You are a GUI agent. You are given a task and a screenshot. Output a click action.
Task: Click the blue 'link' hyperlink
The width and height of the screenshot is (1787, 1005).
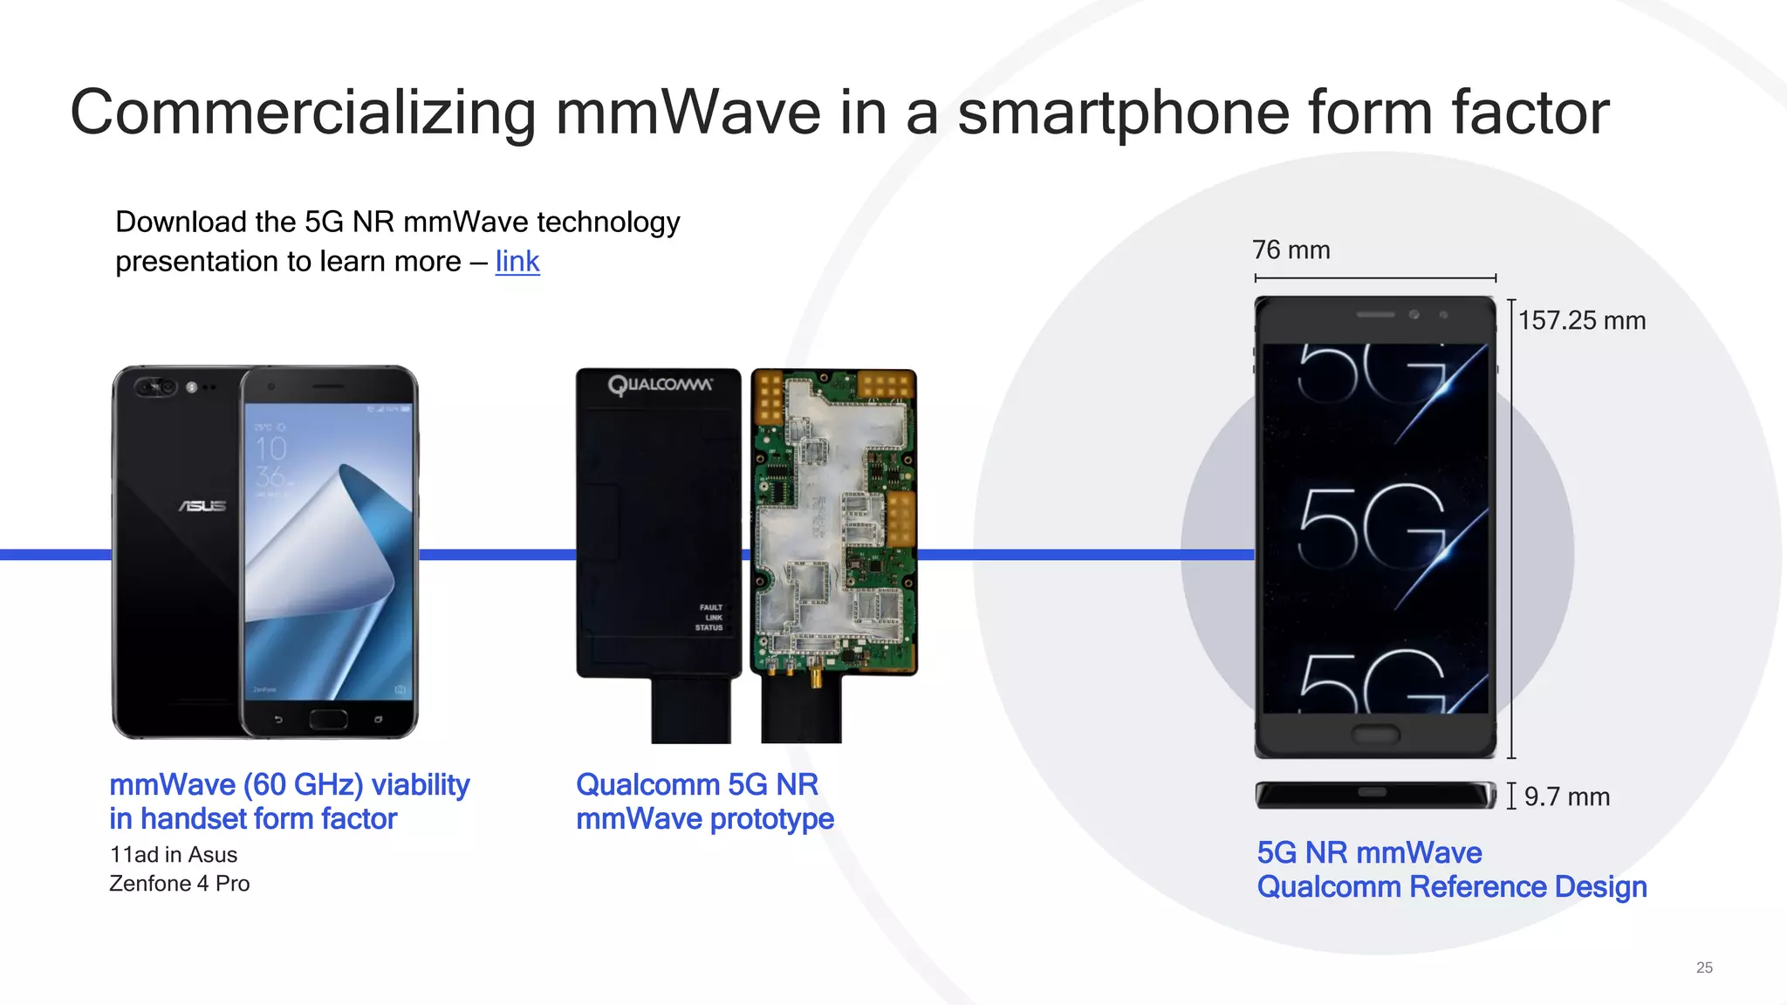[x=517, y=262]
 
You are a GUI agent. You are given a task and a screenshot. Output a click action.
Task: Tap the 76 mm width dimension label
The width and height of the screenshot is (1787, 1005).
[x=1291, y=250]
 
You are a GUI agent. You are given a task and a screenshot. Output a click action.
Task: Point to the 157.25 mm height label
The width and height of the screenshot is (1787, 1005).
[x=1581, y=321]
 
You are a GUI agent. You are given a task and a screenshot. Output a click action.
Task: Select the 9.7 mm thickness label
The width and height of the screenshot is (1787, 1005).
[x=1566, y=796]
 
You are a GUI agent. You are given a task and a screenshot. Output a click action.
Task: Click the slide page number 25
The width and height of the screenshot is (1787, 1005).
[x=1704, y=967]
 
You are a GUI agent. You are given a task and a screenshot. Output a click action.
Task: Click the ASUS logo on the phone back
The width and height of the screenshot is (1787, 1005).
[x=202, y=506]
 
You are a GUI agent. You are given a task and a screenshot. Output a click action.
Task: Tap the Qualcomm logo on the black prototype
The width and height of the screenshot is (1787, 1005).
[x=660, y=385]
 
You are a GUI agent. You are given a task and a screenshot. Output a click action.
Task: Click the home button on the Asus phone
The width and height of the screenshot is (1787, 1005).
[x=328, y=720]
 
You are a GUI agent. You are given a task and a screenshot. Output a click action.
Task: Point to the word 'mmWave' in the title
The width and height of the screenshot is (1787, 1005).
[x=688, y=113]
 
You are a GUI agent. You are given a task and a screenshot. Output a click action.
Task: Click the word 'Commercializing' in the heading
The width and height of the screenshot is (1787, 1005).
[x=302, y=113]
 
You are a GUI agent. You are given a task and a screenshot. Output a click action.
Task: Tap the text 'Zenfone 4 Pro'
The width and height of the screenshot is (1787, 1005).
[x=180, y=884]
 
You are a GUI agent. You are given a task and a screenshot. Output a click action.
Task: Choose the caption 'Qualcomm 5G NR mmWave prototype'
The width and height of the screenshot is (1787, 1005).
[x=705, y=802]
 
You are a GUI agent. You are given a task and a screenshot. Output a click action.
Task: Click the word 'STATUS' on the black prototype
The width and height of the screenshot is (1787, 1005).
[x=709, y=627]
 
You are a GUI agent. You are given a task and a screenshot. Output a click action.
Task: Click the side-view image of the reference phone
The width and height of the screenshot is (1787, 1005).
[x=1375, y=795]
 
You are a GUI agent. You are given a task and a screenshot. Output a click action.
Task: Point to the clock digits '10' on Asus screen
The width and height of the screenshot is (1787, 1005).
[x=270, y=449]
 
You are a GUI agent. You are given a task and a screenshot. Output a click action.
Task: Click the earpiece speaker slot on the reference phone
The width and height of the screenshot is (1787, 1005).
[x=1375, y=314]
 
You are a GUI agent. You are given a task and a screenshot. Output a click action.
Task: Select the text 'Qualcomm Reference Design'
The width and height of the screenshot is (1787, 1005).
[x=1452, y=887]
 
